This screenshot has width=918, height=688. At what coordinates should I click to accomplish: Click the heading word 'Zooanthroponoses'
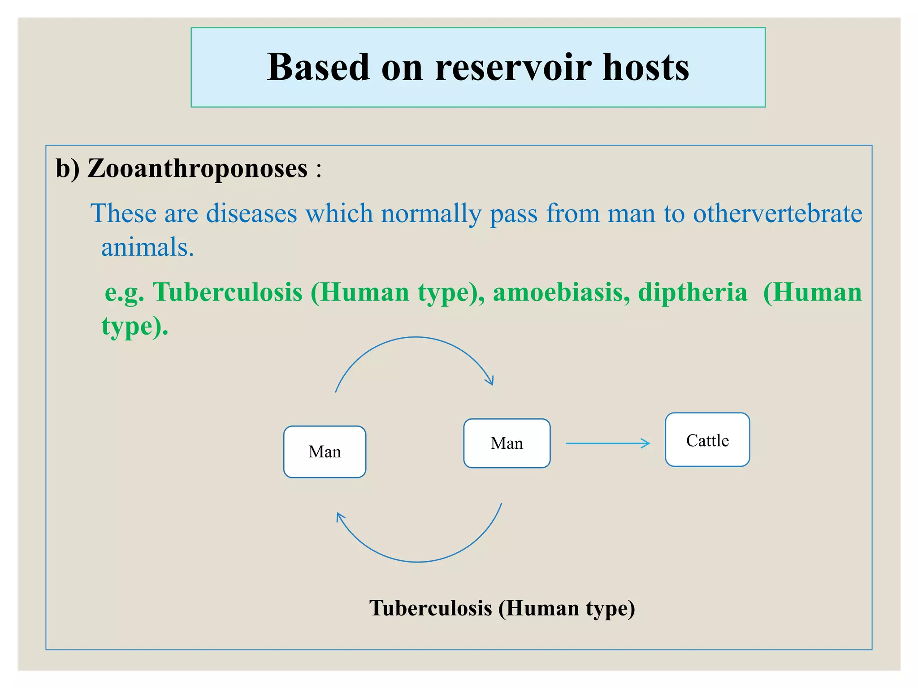point(197,169)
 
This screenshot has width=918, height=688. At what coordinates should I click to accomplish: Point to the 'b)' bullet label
point(67,169)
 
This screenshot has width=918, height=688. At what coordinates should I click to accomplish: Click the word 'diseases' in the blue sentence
point(251,213)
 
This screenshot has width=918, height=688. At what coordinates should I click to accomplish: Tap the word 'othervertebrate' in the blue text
point(777,213)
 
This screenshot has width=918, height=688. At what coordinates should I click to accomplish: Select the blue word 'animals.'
point(147,247)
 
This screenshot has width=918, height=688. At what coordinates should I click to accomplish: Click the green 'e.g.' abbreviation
point(124,293)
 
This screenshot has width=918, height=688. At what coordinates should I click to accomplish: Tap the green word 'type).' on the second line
point(135,326)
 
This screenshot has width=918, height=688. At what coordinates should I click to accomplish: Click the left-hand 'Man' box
point(325,451)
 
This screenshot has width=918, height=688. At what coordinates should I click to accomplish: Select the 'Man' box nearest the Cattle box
point(507,443)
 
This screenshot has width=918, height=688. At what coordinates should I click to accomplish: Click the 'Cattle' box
point(707,440)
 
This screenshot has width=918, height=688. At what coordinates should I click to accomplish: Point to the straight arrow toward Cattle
point(607,443)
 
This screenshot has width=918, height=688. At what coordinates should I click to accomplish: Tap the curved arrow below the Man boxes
point(418,561)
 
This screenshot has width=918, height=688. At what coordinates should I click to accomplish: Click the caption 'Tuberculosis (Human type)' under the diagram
point(502,608)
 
